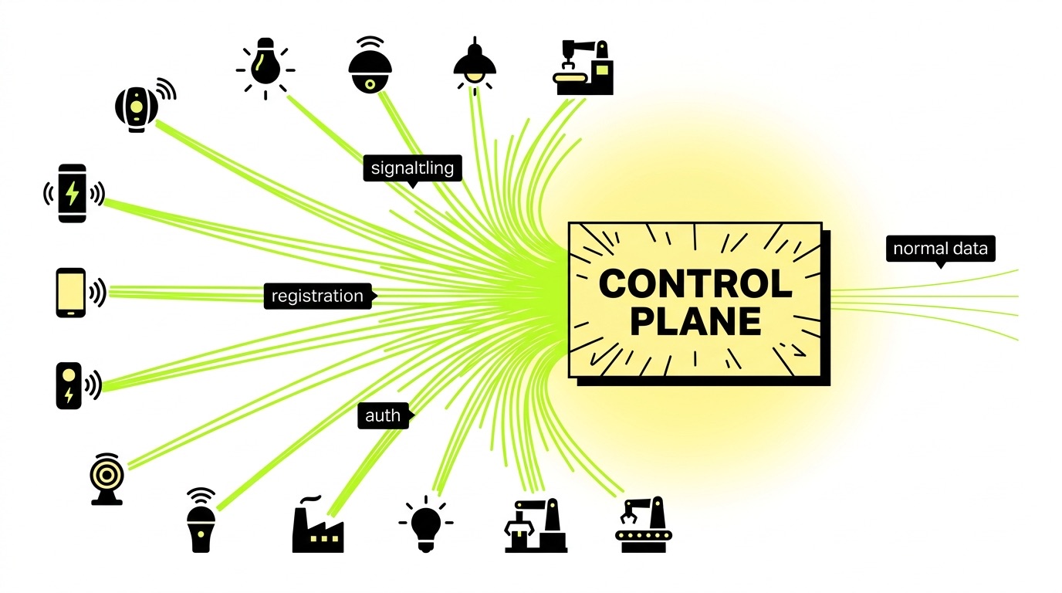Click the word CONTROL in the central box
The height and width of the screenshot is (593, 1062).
click(x=695, y=283)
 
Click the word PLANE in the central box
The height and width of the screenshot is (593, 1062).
click(x=695, y=321)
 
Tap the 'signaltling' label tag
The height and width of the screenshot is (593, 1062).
click(x=412, y=168)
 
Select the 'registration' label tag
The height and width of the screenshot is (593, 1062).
click(x=317, y=296)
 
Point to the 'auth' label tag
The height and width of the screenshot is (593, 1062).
click(x=383, y=415)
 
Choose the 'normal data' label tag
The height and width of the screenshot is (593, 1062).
click(x=940, y=249)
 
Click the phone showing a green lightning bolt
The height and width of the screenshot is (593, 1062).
click(x=73, y=193)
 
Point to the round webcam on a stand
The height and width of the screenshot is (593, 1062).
click(x=107, y=479)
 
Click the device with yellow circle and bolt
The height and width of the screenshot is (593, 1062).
click(x=69, y=385)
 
